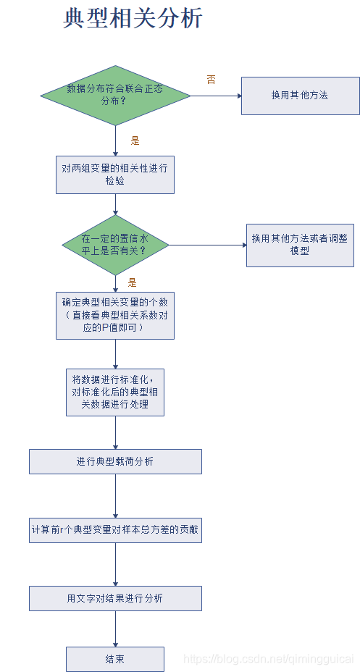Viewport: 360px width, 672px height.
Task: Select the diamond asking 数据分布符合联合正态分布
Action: click(x=115, y=95)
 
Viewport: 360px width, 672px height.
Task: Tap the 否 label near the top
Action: click(x=211, y=80)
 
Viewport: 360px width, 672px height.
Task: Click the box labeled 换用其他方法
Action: click(x=300, y=96)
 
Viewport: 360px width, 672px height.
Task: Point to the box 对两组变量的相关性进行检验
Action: click(x=115, y=175)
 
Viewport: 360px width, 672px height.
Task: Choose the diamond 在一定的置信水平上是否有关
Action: click(x=115, y=245)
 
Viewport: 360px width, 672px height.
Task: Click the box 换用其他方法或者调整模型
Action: click(x=300, y=245)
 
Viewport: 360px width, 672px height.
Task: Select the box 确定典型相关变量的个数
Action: click(x=115, y=315)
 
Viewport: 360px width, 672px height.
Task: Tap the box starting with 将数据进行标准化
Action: click(x=115, y=392)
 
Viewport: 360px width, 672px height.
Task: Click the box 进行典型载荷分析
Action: click(x=115, y=461)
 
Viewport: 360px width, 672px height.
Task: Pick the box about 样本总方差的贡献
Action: click(x=115, y=529)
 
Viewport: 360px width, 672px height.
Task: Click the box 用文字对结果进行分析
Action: click(x=115, y=598)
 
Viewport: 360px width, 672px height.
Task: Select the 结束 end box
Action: click(x=115, y=659)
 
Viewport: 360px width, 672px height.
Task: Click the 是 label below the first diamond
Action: click(x=135, y=140)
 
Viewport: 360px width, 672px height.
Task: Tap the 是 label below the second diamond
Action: click(x=133, y=282)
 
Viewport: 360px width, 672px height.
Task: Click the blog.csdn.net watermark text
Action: click(x=269, y=659)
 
